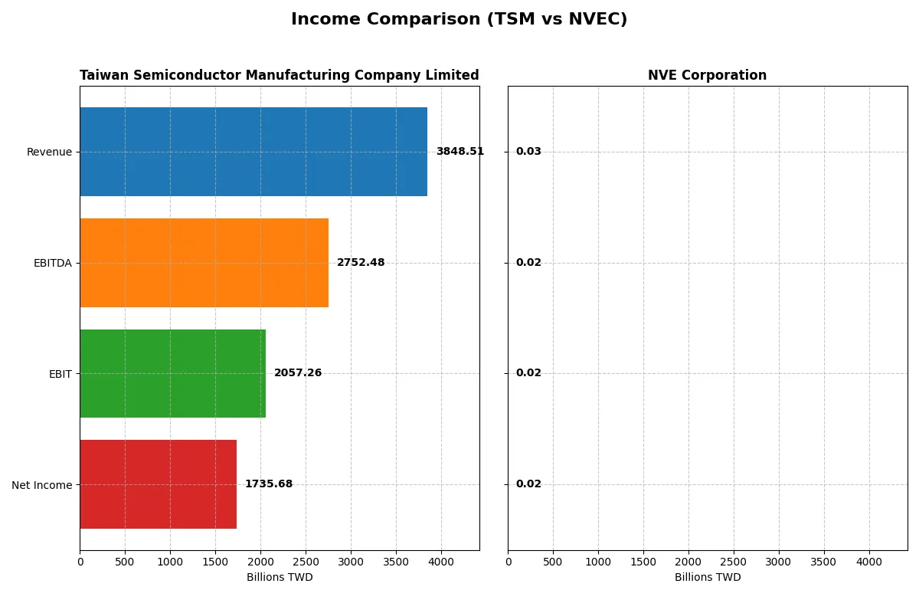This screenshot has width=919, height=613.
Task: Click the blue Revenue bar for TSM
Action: coord(253,152)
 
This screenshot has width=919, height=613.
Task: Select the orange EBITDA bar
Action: coord(204,263)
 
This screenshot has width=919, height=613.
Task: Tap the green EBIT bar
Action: coord(172,373)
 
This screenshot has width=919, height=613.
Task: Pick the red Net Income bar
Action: coord(158,484)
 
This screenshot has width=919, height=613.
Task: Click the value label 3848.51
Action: coord(459,152)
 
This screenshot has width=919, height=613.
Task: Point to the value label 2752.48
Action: coord(361,263)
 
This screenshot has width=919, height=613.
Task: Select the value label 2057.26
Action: coord(298,373)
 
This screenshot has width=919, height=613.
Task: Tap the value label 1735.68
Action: coord(268,484)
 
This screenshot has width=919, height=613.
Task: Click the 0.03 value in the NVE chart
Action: coord(528,152)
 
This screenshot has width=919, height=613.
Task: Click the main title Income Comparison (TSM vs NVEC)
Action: coord(459,20)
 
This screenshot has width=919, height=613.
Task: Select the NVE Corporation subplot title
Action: coord(707,75)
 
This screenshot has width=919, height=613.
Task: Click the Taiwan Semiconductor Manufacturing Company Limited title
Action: coord(279,75)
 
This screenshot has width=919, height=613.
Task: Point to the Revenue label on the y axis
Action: coord(49,152)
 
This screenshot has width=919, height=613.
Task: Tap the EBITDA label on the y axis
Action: coord(52,263)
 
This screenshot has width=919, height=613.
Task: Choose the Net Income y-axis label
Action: coord(41,485)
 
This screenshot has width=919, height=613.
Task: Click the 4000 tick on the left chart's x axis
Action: coord(441,562)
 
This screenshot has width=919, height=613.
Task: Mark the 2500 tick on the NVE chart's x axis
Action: coord(734,562)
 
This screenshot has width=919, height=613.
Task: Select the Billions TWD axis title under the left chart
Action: coord(280,578)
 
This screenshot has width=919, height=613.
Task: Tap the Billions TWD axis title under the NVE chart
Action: coord(708,578)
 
